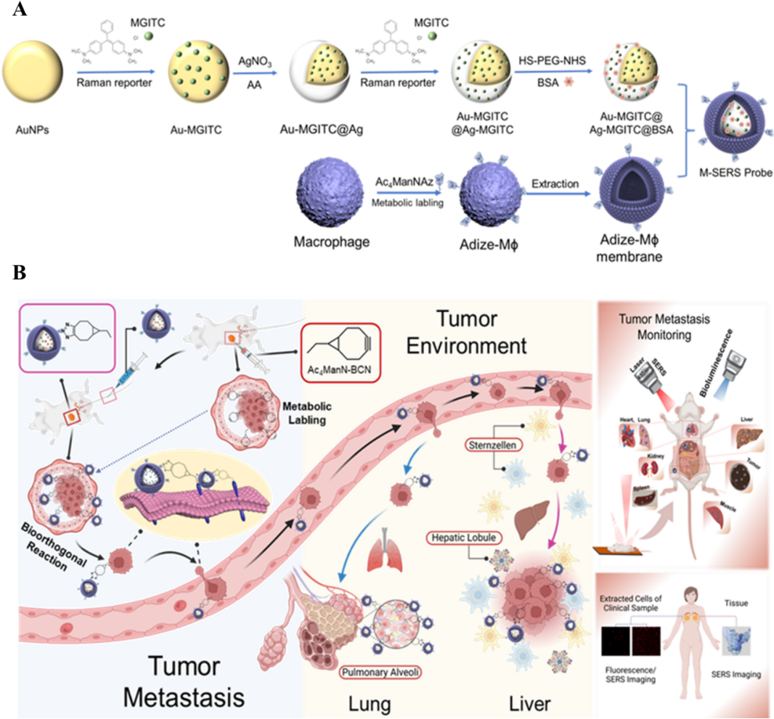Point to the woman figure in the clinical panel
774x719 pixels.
[x=679, y=638]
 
